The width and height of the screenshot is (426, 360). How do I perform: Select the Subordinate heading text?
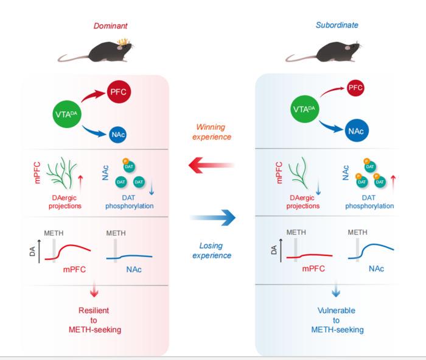click(337, 26)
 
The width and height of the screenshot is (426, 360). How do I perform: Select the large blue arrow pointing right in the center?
click(212, 217)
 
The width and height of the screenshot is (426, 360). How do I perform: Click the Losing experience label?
click(212, 250)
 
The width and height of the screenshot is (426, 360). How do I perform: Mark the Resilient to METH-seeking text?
click(93, 320)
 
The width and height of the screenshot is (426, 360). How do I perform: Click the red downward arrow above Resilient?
click(93, 289)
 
